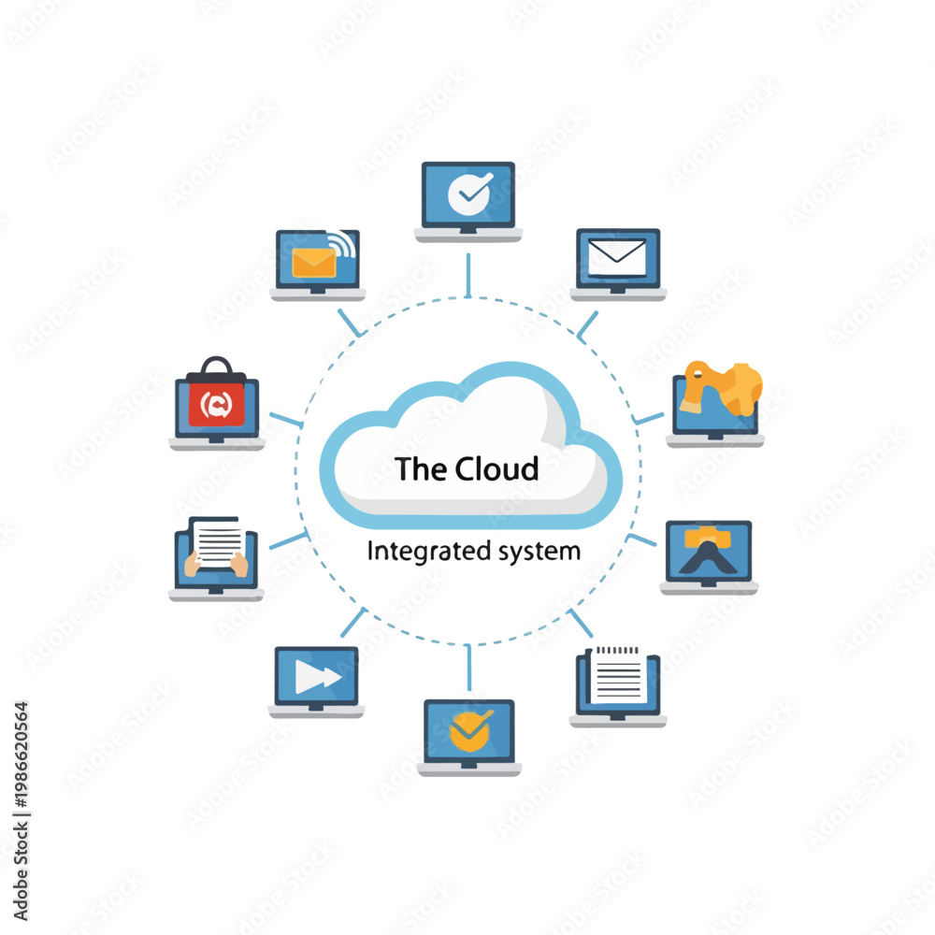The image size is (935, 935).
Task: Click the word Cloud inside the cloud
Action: tap(496, 468)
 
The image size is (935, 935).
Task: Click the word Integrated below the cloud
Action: tap(429, 551)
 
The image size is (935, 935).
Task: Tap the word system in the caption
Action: tap(539, 552)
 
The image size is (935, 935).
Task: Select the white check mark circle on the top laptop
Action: tap(470, 194)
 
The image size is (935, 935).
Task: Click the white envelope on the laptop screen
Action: tap(616, 257)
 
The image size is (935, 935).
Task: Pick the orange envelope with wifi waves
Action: tap(314, 263)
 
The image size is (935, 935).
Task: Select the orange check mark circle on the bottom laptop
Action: tap(470, 730)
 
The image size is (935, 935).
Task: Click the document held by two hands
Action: tap(218, 542)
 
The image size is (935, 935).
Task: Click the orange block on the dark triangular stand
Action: tap(708, 538)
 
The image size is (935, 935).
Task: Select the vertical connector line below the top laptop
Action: tap(468, 275)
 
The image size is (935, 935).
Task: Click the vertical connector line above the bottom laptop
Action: tap(469, 668)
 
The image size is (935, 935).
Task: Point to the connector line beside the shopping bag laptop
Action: tap(286, 420)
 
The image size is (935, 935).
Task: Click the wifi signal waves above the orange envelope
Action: tap(344, 244)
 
